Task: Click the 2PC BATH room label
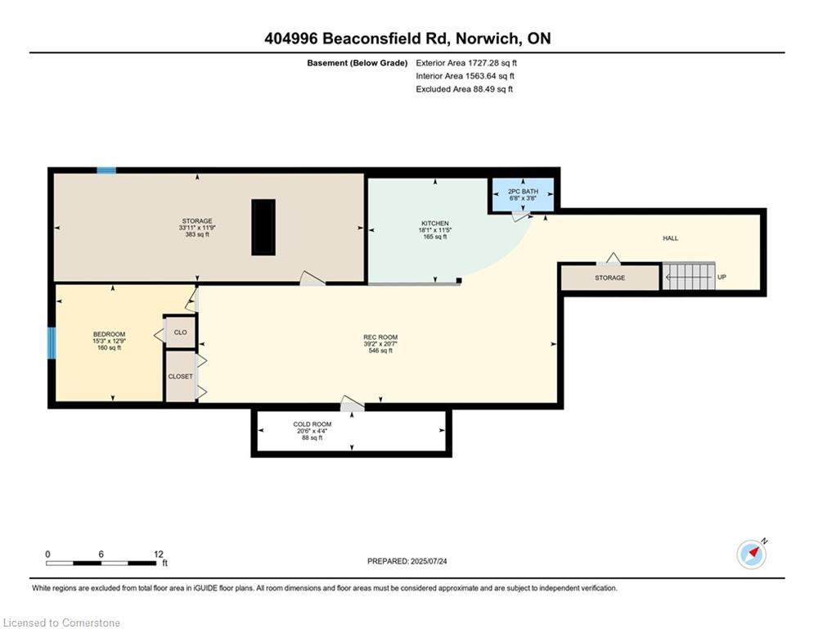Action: [x=523, y=192]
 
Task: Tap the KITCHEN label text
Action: [x=434, y=224]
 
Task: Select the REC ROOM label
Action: [x=380, y=337]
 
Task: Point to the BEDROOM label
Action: [x=109, y=334]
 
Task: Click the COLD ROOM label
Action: [x=312, y=424]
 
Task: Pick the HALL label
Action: [x=670, y=238]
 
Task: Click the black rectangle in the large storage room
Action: [x=263, y=227]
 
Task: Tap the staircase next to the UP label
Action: [x=688, y=277]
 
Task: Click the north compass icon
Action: [x=752, y=554]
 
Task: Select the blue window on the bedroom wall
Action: [x=52, y=343]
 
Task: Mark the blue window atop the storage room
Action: [x=106, y=170]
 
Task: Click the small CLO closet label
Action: [x=180, y=333]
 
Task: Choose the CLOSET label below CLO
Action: [x=180, y=377]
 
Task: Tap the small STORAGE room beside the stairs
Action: [x=610, y=278]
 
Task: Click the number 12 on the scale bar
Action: [x=159, y=554]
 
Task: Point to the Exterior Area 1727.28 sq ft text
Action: [x=466, y=63]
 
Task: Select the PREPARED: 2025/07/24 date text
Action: [x=407, y=561]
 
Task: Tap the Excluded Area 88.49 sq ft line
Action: [x=464, y=89]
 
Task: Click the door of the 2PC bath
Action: [x=521, y=216]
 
